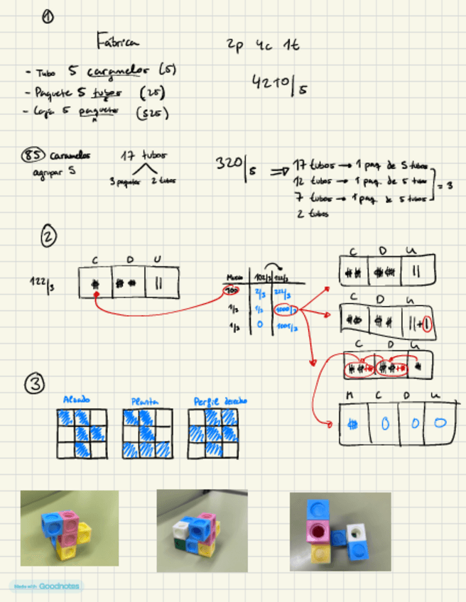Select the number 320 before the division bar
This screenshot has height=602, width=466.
229,164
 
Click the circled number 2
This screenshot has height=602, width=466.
49,237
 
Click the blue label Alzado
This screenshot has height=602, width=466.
78,400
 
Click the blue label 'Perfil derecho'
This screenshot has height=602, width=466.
220,401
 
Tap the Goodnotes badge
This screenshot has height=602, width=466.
45,586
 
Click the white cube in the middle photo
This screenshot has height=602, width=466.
180,530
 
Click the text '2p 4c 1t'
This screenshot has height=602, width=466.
262,45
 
